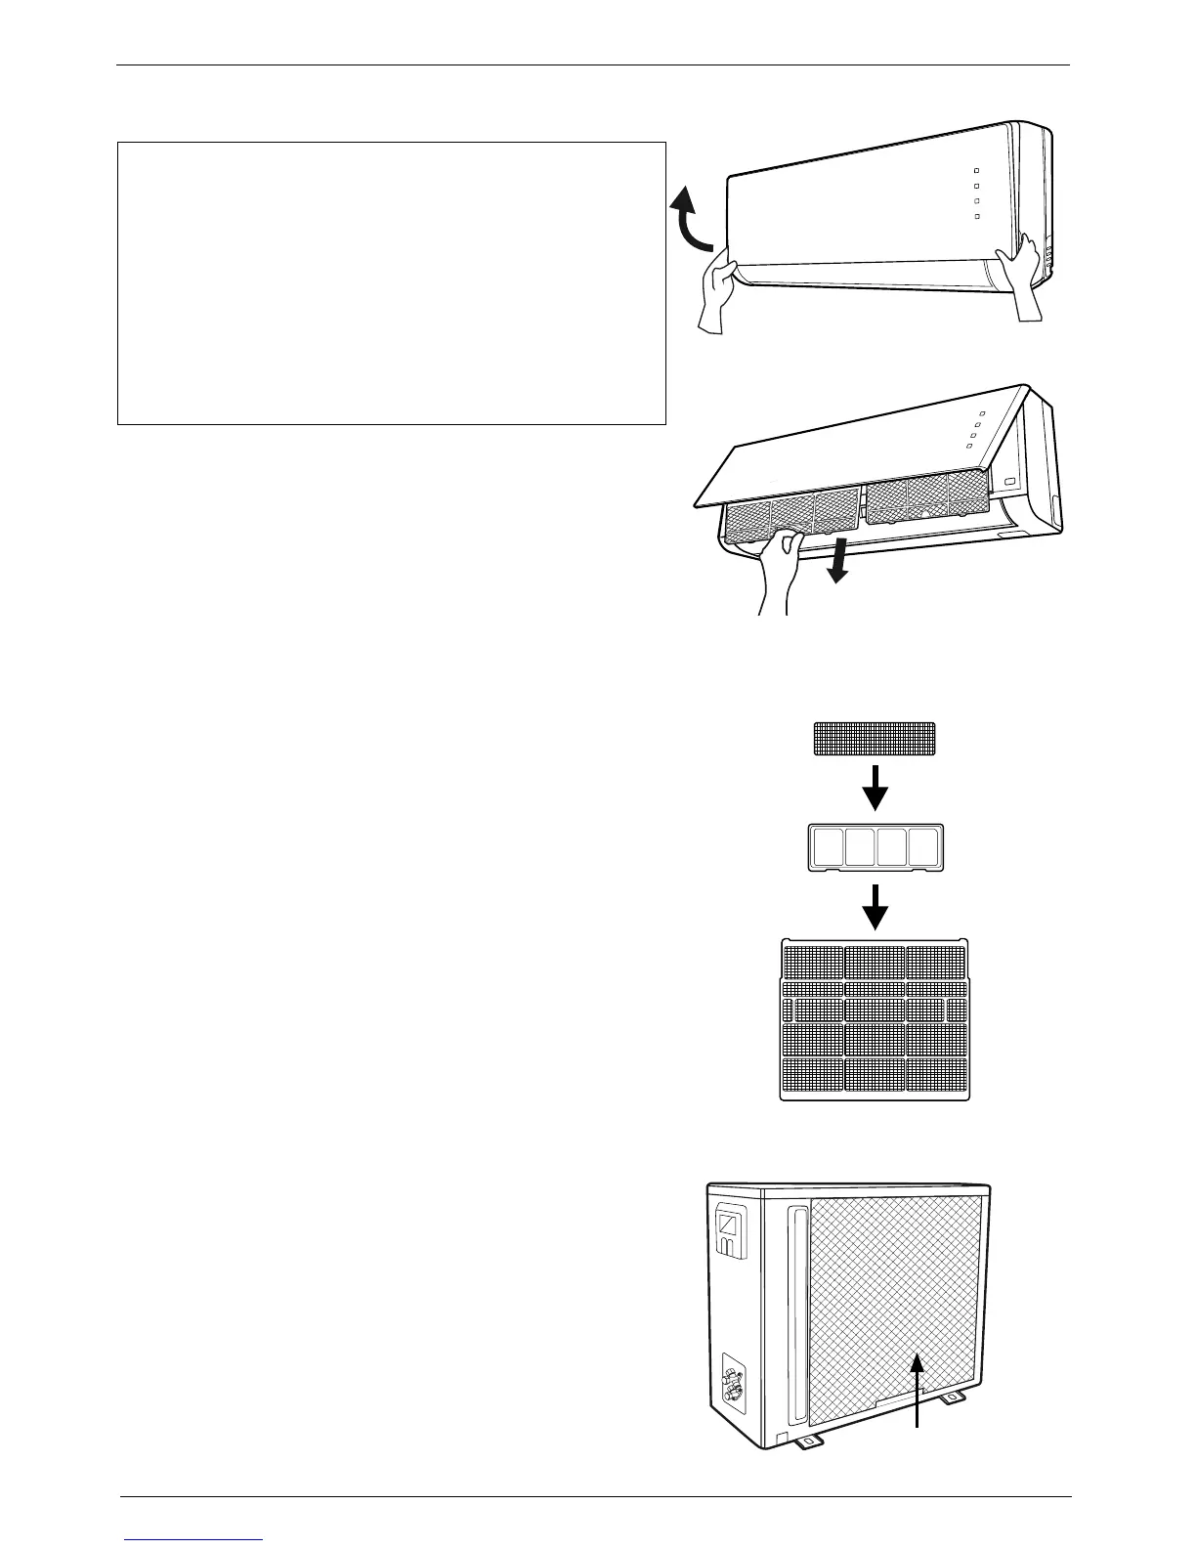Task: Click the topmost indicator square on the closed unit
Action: pyautogui.click(x=975, y=170)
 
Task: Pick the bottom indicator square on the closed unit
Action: pyautogui.click(x=975, y=215)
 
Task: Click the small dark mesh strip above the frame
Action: pyautogui.click(x=875, y=739)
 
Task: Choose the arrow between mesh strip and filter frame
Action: pyautogui.click(x=876, y=788)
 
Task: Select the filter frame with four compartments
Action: pyautogui.click(x=876, y=846)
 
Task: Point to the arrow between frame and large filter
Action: pyautogui.click(x=876, y=907)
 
